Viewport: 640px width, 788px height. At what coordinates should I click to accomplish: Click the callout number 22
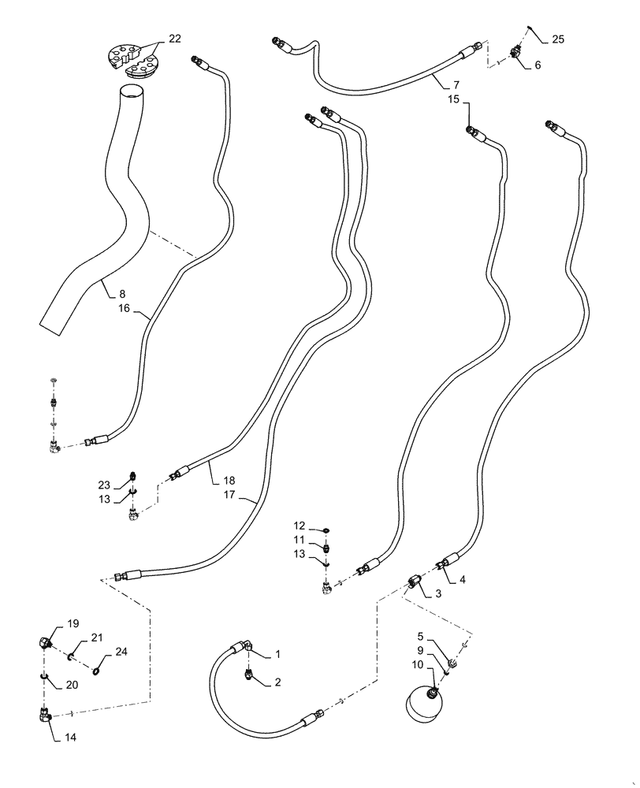174,39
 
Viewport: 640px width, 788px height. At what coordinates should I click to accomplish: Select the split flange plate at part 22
132,61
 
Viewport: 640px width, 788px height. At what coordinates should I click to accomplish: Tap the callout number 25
558,39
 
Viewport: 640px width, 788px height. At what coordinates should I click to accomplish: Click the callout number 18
228,480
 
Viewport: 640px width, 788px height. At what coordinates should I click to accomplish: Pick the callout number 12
300,526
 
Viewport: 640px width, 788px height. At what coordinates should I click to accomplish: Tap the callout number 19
73,623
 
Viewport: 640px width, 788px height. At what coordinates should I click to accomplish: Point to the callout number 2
277,682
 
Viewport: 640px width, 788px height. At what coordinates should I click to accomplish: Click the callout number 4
463,580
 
